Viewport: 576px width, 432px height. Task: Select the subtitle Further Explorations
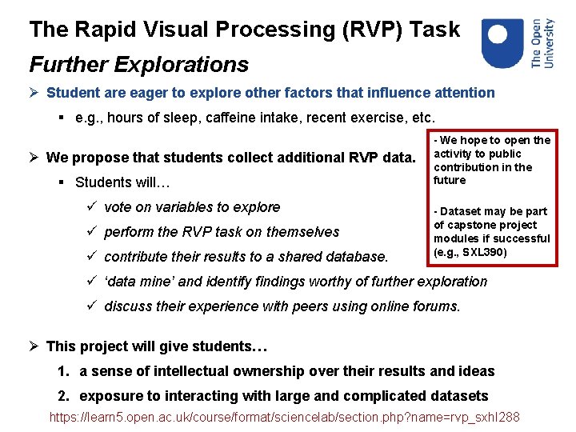[x=138, y=64]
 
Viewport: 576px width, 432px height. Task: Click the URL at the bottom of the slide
[x=284, y=417]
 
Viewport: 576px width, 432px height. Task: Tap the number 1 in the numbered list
[x=62, y=371]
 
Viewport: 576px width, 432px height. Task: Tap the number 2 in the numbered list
[x=62, y=396]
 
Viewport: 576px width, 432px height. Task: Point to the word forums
[x=436, y=306]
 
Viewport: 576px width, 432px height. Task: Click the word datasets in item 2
[x=456, y=396]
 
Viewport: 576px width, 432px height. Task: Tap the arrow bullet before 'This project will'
[x=35, y=346]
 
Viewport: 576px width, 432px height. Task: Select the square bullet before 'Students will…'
[x=62, y=182]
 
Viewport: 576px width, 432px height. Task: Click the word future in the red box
[x=450, y=180]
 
